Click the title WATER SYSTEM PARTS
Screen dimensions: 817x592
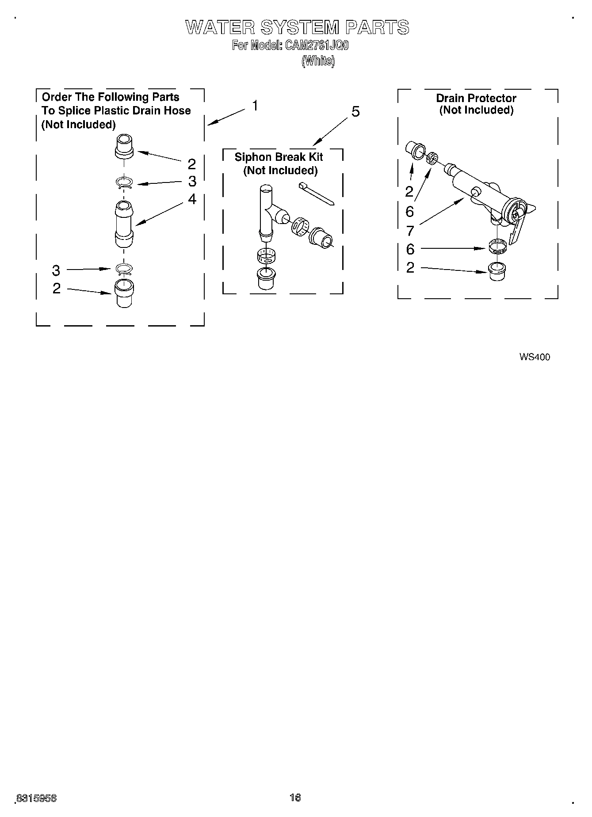click(297, 27)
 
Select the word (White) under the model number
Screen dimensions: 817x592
click(318, 61)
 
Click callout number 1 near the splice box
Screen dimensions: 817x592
click(255, 106)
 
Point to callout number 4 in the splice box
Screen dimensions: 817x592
click(192, 199)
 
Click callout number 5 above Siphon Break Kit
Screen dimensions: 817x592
click(355, 112)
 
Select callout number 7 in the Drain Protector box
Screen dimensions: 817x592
click(410, 230)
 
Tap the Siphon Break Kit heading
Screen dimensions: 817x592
click(279, 157)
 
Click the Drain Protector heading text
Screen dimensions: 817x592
click(476, 98)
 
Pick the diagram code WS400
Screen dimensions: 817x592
click(535, 357)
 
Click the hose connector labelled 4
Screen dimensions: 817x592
click(124, 224)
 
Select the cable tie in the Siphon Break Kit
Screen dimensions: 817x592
click(317, 193)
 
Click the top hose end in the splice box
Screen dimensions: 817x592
click(124, 146)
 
